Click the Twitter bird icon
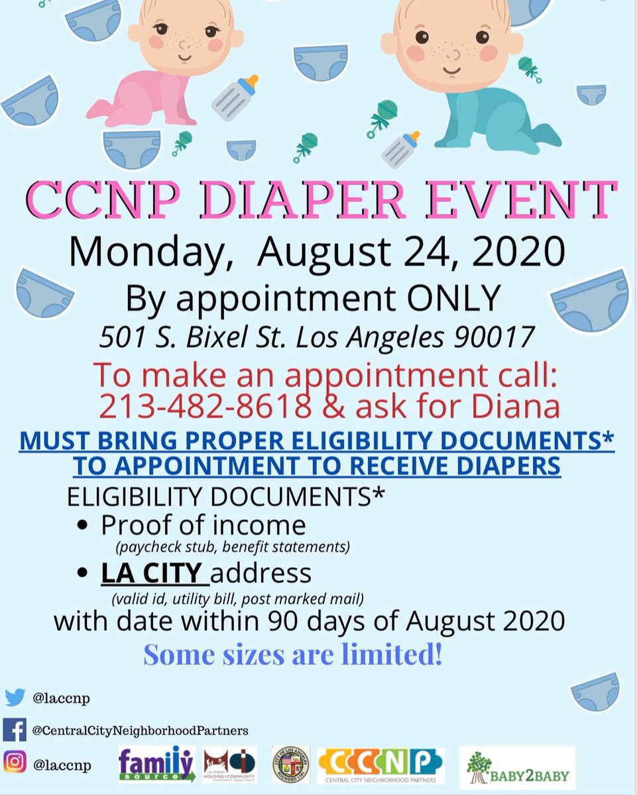pyautogui.click(x=15, y=697)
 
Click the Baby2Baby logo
pyautogui.click(x=517, y=767)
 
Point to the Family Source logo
pyautogui.click(x=157, y=765)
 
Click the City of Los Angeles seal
pyautogui.click(x=290, y=765)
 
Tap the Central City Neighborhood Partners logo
pyautogui.click(x=380, y=766)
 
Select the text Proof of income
pyautogui.click(x=203, y=525)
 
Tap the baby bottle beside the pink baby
pyautogui.click(x=235, y=98)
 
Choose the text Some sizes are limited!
pyautogui.click(x=292, y=655)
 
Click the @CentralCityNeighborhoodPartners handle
pyautogui.click(x=139, y=730)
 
